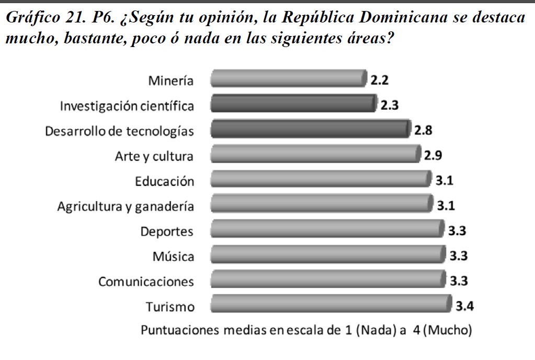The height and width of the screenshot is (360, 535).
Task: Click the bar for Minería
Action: pos(288,79)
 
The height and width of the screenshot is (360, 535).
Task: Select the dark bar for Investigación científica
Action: pos(293,103)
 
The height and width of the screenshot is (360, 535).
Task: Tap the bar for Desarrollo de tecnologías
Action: pos(310,129)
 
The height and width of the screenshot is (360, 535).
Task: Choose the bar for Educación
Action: pos(321,179)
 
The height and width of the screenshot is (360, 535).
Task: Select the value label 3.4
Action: pos(464,306)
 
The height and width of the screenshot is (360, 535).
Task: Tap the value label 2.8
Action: pos(423,130)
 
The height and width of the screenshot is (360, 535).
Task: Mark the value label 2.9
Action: pos(434,155)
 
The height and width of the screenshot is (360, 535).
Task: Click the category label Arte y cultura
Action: pos(154,156)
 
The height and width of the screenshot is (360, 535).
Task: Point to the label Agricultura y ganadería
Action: pos(126,206)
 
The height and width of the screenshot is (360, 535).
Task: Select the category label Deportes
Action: pos(167,231)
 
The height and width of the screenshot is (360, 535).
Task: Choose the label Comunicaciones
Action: pos(146,282)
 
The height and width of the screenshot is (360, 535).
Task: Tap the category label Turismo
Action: pos(170,307)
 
